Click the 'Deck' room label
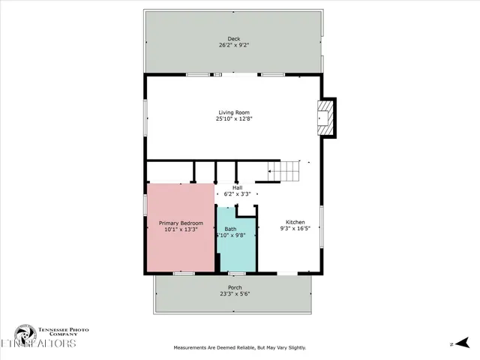(x=234, y=39)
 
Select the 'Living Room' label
(x=234, y=112)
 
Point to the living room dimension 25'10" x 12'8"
(x=234, y=118)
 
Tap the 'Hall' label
(x=237, y=187)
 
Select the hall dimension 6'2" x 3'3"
(x=237, y=194)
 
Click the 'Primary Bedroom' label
(x=180, y=223)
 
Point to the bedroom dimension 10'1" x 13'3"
(x=180, y=229)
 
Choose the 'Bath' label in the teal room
(x=230, y=229)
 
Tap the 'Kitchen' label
(x=295, y=222)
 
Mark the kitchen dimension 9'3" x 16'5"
(x=295, y=229)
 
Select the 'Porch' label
(x=235, y=287)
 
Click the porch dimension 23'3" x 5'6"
(x=235, y=294)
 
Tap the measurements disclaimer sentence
(x=239, y=347)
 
